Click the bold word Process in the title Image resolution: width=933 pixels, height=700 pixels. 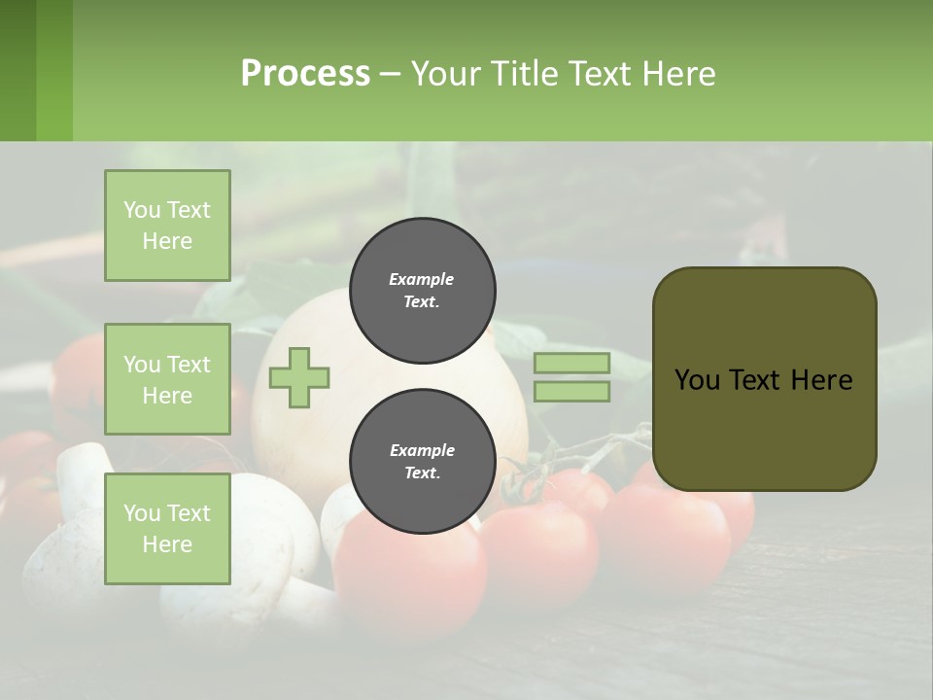pos(305,73)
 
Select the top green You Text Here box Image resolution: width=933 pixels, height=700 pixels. pos(167,226)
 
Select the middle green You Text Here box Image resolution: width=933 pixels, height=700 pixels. pos(167,379)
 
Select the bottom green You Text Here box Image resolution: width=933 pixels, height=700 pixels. pos(167,528)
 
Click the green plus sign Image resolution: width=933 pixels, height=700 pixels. pos(299,377)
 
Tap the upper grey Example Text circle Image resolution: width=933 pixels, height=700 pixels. pos(422,291)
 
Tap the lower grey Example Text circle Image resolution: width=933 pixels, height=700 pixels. pos(422,462)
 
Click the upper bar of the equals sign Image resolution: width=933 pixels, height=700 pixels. pos(571,363)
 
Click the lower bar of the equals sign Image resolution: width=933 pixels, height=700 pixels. pos(571,392)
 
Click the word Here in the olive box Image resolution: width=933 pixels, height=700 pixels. pos(821,379)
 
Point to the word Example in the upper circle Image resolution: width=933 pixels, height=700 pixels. pos(421,279)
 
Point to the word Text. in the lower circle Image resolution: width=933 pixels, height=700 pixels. pos(422,473)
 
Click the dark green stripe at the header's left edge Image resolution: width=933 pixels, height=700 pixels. pos(17,70)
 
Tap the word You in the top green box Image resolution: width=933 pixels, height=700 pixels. pos(142,210)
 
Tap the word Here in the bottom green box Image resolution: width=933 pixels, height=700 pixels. pos(167,544)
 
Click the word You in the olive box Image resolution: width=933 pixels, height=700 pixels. pos(697,379)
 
